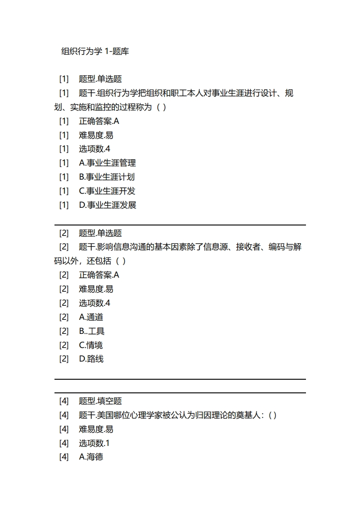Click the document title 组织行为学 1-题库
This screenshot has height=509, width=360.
coord(95,51)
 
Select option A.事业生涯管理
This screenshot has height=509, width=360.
coord(107,163)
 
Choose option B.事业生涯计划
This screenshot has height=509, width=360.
coord(107,177)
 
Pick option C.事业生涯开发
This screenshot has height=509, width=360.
coord(107,191)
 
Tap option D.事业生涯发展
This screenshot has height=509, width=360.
coord(108,205)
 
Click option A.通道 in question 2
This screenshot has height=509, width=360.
coord(91,317)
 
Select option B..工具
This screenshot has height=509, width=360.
coord(92,331)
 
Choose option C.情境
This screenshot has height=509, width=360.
coord(91,345)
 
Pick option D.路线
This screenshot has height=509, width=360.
coord(91,359)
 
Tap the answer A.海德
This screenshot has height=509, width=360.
coord(91,457)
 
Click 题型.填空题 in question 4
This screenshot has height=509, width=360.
coord(100,401)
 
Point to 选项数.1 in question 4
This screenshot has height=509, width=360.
coord(94,443)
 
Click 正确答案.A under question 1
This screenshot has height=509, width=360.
coord(99,121)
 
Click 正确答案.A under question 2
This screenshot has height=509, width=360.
coord(99,275)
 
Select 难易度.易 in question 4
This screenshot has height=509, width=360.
coord(96,429)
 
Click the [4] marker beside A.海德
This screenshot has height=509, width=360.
coord(64,457)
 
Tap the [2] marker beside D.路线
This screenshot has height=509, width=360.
coord(64,359)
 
